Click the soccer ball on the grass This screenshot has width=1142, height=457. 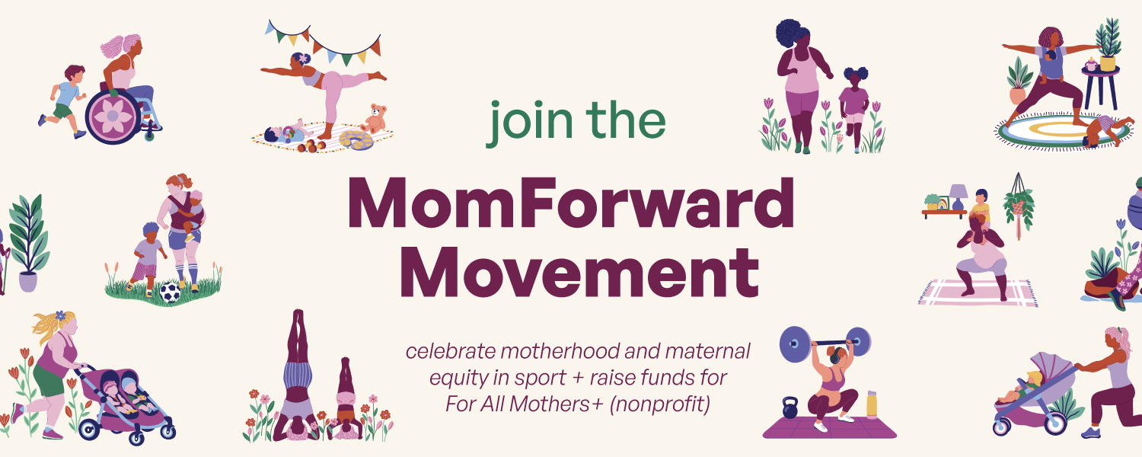[170, 292]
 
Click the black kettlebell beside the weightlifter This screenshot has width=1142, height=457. [790, 407]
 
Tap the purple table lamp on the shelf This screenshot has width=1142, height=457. [959, 197]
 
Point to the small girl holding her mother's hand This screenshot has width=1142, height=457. [854, 107]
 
